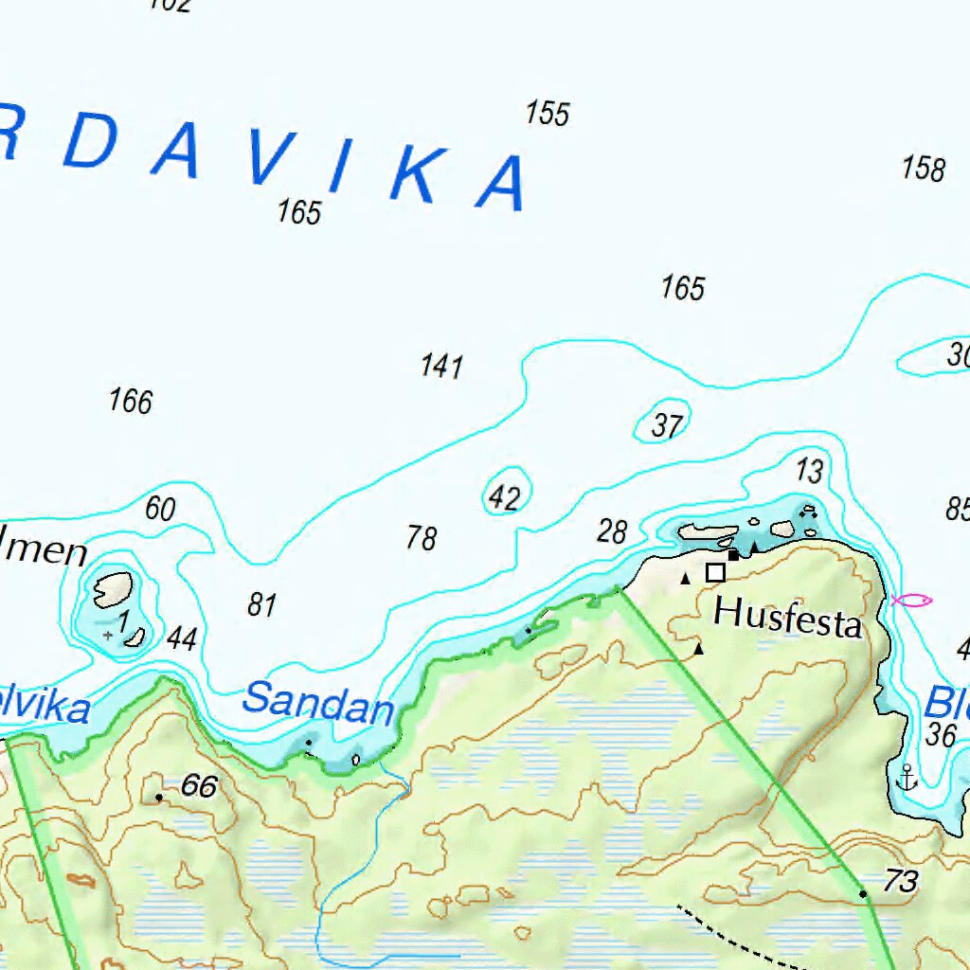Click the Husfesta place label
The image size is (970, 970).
[x=787, y=617]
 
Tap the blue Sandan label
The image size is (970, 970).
[x=317, y=704]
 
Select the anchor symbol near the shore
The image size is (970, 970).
[x=907, y=778]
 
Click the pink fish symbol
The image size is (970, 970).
[x=912, y=600]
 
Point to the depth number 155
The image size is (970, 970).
[x=548, y=114]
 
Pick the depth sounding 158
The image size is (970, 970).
[x=923, y=169]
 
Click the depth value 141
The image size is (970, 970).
[x=441, y=366]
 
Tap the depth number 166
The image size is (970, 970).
[x=131, y=401]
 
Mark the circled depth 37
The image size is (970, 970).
[x=667, y=426]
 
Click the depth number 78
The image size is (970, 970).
[x=422, y=538]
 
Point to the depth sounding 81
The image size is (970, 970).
[x=261, y=604]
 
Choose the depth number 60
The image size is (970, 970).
[x=160, y=509]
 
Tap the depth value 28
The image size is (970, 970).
[x=612, y=531]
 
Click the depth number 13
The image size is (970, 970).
[x=809, y=470]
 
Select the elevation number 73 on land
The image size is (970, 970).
[x=901, y=881]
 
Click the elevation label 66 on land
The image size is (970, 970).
[x=199, y=786]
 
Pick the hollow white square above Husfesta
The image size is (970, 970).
[x=715, y=572]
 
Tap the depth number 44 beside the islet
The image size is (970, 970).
[x=181, y=639]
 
